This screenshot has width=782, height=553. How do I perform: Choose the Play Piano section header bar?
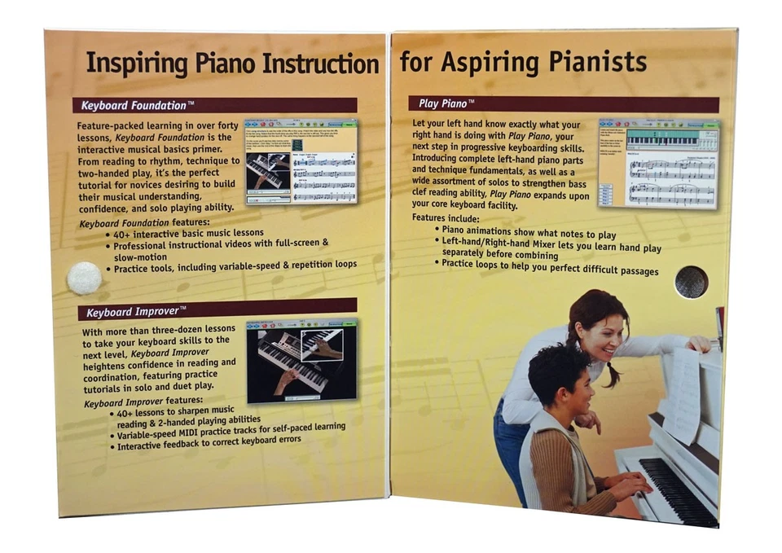[x=562, y=104]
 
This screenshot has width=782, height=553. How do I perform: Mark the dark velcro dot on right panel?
[x=692, y=282]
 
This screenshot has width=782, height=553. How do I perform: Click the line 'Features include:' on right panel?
[x=446, y=218]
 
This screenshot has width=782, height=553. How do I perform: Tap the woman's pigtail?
[x=611, y=372]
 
